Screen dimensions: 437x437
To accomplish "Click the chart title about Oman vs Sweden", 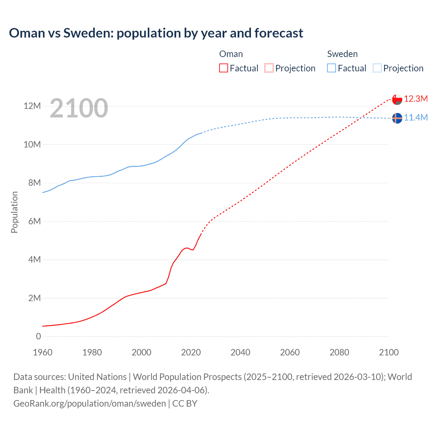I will click(156, 33).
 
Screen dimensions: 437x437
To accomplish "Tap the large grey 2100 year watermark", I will click(79, 108).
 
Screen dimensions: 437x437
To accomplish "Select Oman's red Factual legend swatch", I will click(223, 68).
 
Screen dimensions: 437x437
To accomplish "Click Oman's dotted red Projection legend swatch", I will click(269, 68).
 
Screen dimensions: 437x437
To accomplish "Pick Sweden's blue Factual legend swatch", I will click(332, 68).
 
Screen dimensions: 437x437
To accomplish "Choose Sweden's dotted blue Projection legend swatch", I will click(377, 68).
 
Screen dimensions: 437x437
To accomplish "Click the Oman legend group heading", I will click(231, 54).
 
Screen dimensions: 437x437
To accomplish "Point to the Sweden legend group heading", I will click(342, 54).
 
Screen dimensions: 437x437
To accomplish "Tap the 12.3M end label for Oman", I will click(416, 99).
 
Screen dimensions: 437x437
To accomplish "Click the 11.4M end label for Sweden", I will click(416, 118).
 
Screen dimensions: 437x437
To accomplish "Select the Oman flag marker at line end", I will click(397, 99).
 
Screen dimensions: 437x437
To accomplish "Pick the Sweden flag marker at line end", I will click(397, 118).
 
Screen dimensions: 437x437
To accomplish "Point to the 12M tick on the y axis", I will click(32, 106).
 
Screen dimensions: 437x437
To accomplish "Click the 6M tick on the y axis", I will click(34, 221).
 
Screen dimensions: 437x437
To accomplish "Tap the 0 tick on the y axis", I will click(38, 336).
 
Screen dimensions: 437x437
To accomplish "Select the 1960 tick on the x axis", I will click(43, 352).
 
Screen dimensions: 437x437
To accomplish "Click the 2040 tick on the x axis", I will click(240, 352).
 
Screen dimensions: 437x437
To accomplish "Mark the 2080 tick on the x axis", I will click(339, 352).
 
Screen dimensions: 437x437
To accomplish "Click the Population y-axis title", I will click(14, 212).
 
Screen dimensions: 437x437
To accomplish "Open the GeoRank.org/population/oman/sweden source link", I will click(89, 403).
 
